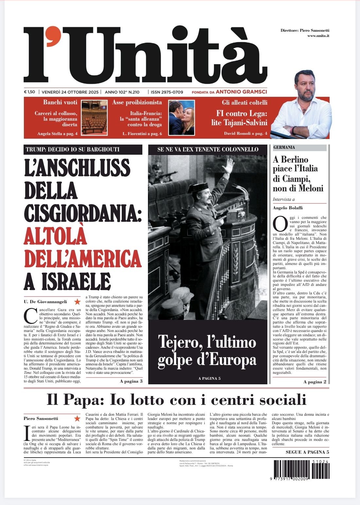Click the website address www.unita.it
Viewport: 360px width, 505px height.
point(318,36)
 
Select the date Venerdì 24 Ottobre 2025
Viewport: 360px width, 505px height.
point(70,92)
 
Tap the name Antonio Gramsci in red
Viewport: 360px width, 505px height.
point(241,92)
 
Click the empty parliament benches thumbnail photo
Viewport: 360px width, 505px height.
point(94,118)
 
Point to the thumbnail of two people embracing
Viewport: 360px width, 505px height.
point(182,118)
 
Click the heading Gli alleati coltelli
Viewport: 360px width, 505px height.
point(244,102)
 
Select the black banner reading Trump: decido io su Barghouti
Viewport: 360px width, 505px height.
point(83,149)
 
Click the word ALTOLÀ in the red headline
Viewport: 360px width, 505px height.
point(56,236)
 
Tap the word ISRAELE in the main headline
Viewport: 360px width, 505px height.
point(76,282)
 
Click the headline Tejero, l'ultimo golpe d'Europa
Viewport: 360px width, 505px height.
point(207,351)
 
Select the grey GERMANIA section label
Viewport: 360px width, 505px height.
point(299,148)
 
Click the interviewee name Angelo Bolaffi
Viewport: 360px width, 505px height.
point(288,208)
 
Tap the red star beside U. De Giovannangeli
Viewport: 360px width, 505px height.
point(77,302)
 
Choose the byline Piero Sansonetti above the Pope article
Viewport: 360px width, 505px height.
point(41,418)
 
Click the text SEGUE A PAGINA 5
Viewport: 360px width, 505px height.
point(307,452)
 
